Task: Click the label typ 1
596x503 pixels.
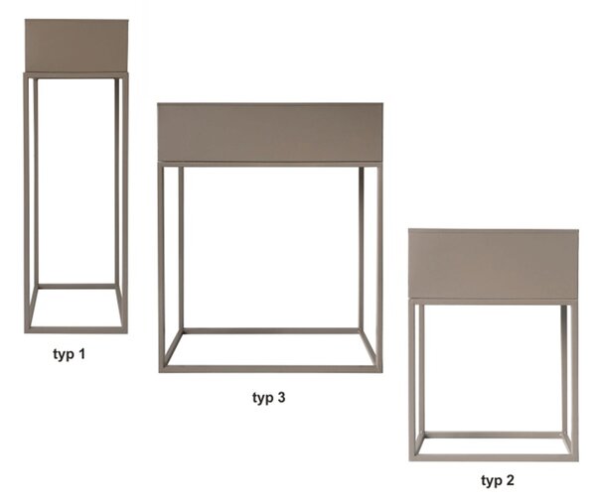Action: click(x=70, y=354)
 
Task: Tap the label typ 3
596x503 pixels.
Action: click(x=269, y=398)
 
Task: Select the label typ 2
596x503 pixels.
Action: click(x=498, y=480)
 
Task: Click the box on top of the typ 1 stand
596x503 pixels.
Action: click(x=76, y=46)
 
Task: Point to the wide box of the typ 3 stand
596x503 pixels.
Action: click(x=270, y=132)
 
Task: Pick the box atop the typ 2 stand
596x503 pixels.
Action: click(x=494, y=264)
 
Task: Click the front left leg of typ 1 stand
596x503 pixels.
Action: click(x=27, y=203)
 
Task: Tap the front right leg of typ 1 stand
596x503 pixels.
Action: click(x=125, y=203)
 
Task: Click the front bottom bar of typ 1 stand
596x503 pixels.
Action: click(x=76, y=330)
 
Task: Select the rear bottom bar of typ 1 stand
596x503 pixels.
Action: click(x=76, y=287)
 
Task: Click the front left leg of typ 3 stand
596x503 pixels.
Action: click(x=162, y=267)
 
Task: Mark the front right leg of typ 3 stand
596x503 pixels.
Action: click(x=379, y=267)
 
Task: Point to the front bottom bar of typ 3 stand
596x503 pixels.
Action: click(x=270, y=369)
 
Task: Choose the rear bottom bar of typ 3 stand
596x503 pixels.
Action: click(x=270, y=330)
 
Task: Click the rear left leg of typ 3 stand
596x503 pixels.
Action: click(x=181, y=249)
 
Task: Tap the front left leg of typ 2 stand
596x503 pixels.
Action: click(x=413, y=380)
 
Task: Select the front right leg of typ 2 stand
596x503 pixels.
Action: click(x=575, y=380)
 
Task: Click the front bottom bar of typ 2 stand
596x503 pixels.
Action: click(x=494, y=457)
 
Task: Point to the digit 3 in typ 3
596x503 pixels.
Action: click(x=281, y=397)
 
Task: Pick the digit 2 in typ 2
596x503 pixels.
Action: click(x=511, y=480)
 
